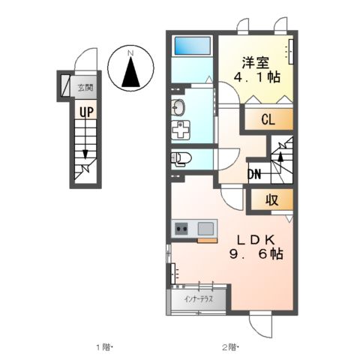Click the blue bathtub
[x=193, y=46]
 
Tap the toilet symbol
[x=181, y=159]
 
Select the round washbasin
[x=178, y=107]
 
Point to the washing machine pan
[x=181, y=130]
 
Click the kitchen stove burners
[x=181, y=229]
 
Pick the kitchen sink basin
[x=205, y=229]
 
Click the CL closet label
[x=268, y=119]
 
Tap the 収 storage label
[x=272, y=199]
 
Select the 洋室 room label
[x=256, y=63]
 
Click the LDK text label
[x=256, y=240]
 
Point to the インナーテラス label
[x=198, y=299]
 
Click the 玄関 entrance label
[x=85, y=88]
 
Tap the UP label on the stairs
[x=86, y=112]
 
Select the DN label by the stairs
[x=254, y=174]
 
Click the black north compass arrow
[x=130, y=72]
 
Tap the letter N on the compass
[x=130, y=53]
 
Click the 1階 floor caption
[x=103, y=347]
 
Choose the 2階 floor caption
[x=229, y=347]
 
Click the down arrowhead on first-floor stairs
[x=85, y=154]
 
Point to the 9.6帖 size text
[x=256, y=254]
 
